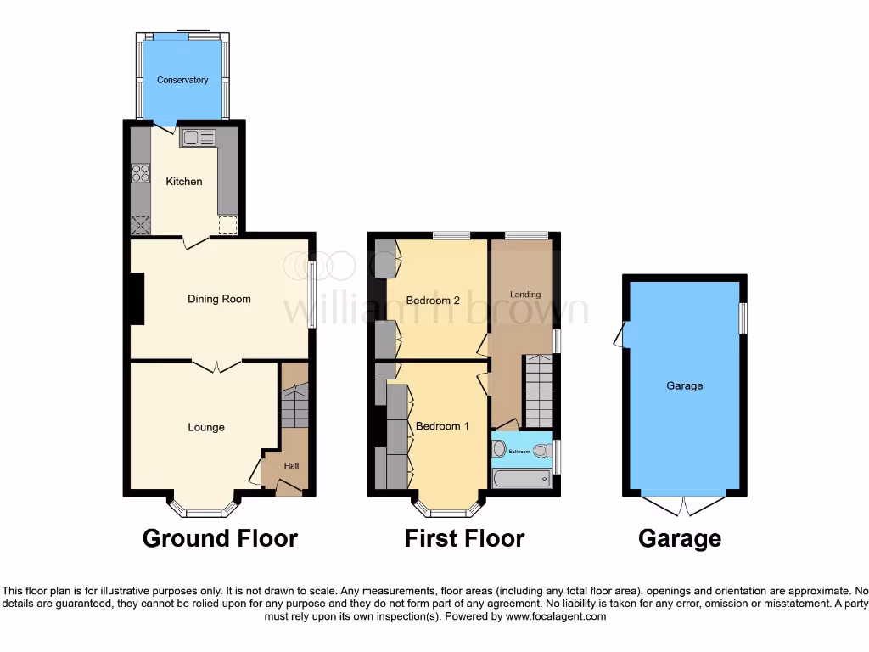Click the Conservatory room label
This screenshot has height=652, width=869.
tap(182, 81)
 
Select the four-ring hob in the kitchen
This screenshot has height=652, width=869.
tap(140, 173)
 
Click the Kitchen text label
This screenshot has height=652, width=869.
tap(184, 182)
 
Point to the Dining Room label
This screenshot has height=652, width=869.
tap(219, 299)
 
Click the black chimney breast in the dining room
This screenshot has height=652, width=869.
tap(137, 299)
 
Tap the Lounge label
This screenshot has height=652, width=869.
tap(206, 427)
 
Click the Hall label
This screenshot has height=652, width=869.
tap(291, 465)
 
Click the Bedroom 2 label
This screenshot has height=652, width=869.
tap(433, 301)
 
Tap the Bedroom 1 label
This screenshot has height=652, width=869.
tap(441, 426)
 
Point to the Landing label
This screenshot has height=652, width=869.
tap(525, 295)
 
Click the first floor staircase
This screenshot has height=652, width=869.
tap(538, 391)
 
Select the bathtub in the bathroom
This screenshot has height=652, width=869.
tap(521, 479)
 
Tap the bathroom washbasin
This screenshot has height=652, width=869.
tap(499, 447)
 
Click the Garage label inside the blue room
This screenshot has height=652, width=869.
tap(684, 385)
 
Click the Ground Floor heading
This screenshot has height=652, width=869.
tap(220, 538)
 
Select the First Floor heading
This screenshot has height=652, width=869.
tap(464, 538)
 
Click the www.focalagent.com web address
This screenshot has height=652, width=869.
tap(555, 616)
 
